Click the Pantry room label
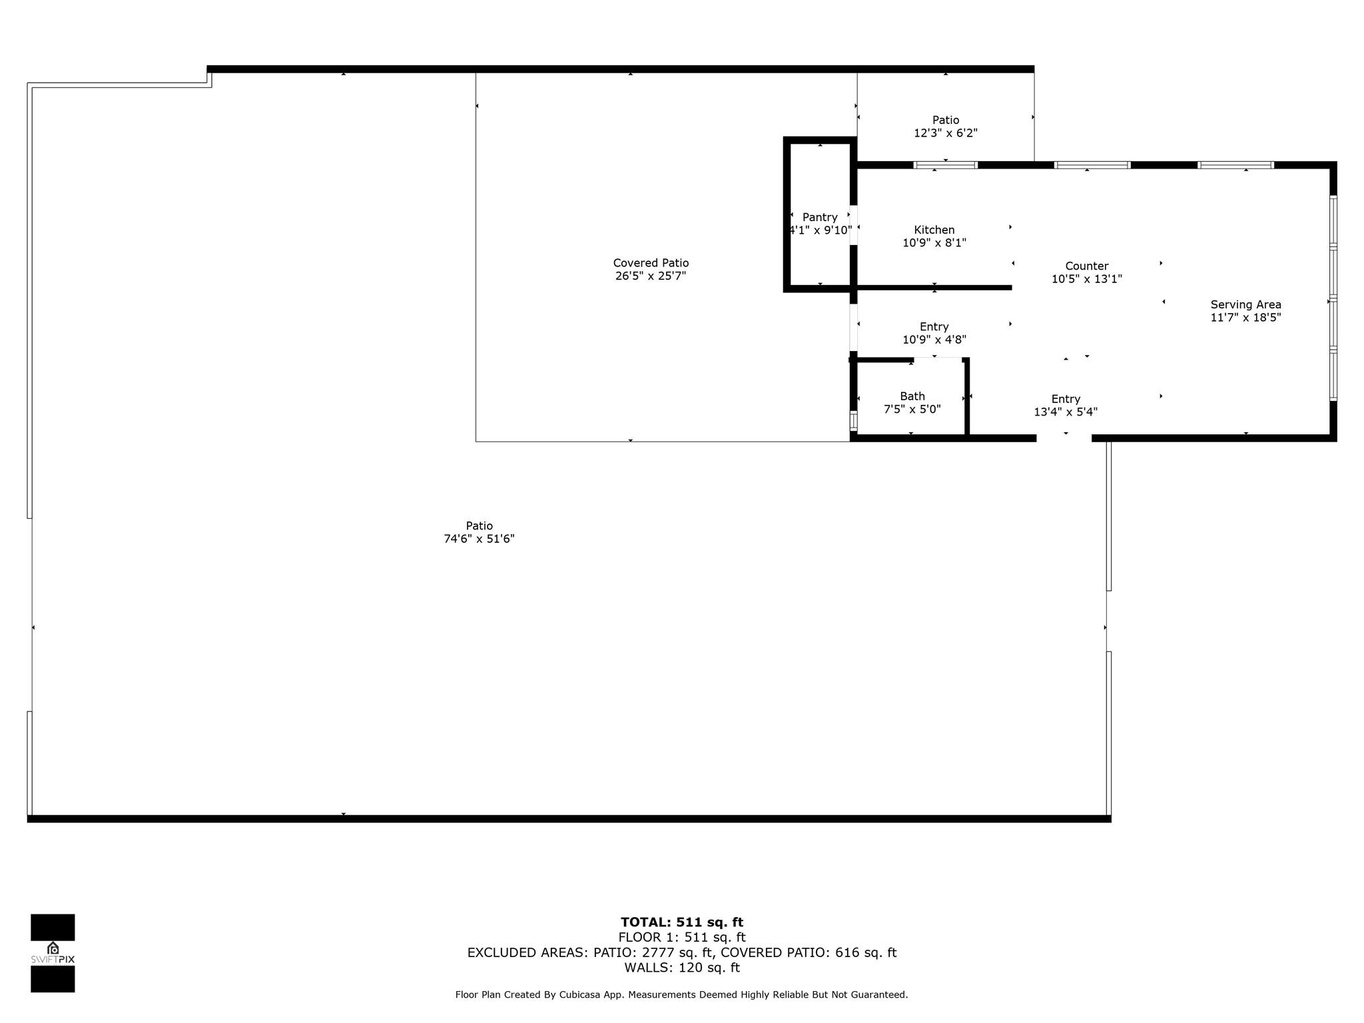pyautogui.click(x=820, y=217)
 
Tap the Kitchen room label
pyautogui.click(x=934, y=230)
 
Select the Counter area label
pyautogui.click(x=1086, y=266)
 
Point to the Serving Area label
pyautogui.click(x=1245, y=304)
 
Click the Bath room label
pyautogui.click(x=912, y=396)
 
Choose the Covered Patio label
pyautogui.click(x=651, y=263)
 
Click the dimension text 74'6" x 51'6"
pyautogui.click(x=479, y=539)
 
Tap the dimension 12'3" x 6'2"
pyautogui.click(x=945, y=133)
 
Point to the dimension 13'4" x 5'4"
pyautogui.click(x=1065, y=412)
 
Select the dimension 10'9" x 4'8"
pyautogui.click(x=934, y=340)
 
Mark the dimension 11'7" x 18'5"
pyautogui.click(x=1245, y=318)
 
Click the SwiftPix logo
pyautogui.click(x=53, y=953)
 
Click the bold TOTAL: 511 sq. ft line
pyautogui.click(x=682, y=922)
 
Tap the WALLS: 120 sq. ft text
pyautogui.click(x=682, y=968)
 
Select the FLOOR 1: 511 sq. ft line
pyautogui.click(x=682, y=938)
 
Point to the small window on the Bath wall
pyautogui.click(x=853, y=422)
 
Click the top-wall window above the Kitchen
pyautogui.click(x=945, y=165)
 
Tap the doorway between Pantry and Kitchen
pyautogui.click(x=853, y=225)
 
